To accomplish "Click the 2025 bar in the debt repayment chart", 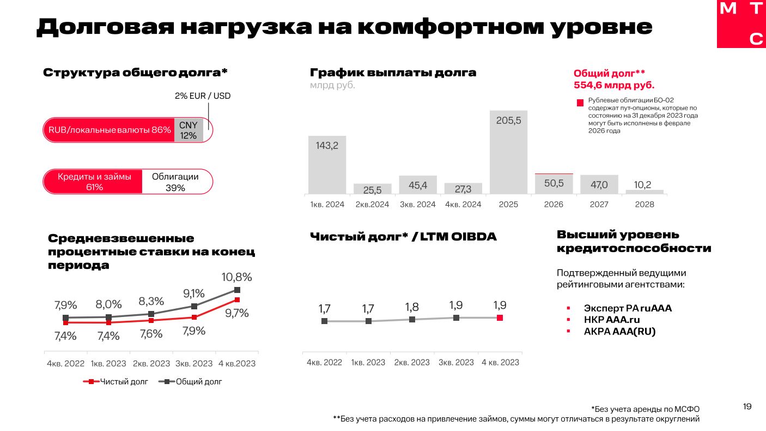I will click(508, 152).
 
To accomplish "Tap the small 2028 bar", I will click(645, 191).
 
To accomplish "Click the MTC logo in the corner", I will click(741, 24).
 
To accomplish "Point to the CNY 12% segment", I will click(189, 130).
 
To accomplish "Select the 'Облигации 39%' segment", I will click(175, 182).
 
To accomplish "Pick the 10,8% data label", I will click(236, 277).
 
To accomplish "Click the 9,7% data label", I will click(237, 313).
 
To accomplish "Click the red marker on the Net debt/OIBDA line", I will click(500, 318).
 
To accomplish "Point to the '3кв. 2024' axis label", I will click(418, 205).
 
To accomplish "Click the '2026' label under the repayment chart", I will click(554, 205).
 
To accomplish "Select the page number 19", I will click(747, 406).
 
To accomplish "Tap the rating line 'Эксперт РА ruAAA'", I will click(628, 308).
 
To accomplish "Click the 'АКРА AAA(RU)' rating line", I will click(619, 331).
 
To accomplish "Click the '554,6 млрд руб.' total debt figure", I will click(614, 85).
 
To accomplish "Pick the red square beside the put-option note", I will click(580, 103).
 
